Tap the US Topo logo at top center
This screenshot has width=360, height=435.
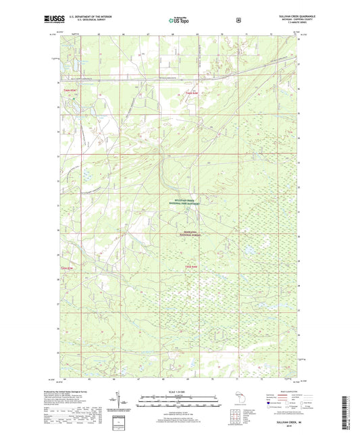coord(178,20)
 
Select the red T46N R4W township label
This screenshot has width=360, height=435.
coord(193,92)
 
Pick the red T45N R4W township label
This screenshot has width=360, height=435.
coord(193,267)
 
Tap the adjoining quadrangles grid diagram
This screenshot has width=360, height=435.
coord(235,413)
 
